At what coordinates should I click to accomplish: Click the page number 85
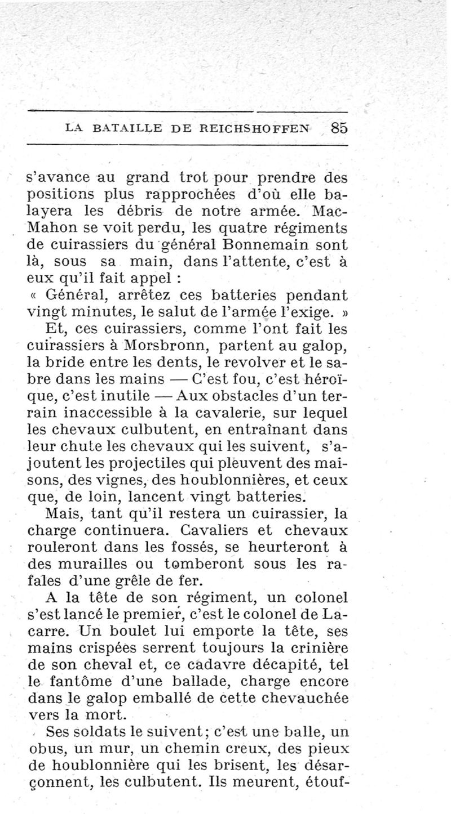(x=340, y=128)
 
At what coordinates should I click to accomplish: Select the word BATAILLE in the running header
(x=126, y=128)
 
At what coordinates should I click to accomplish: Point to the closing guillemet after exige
(x=342, y=311)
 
